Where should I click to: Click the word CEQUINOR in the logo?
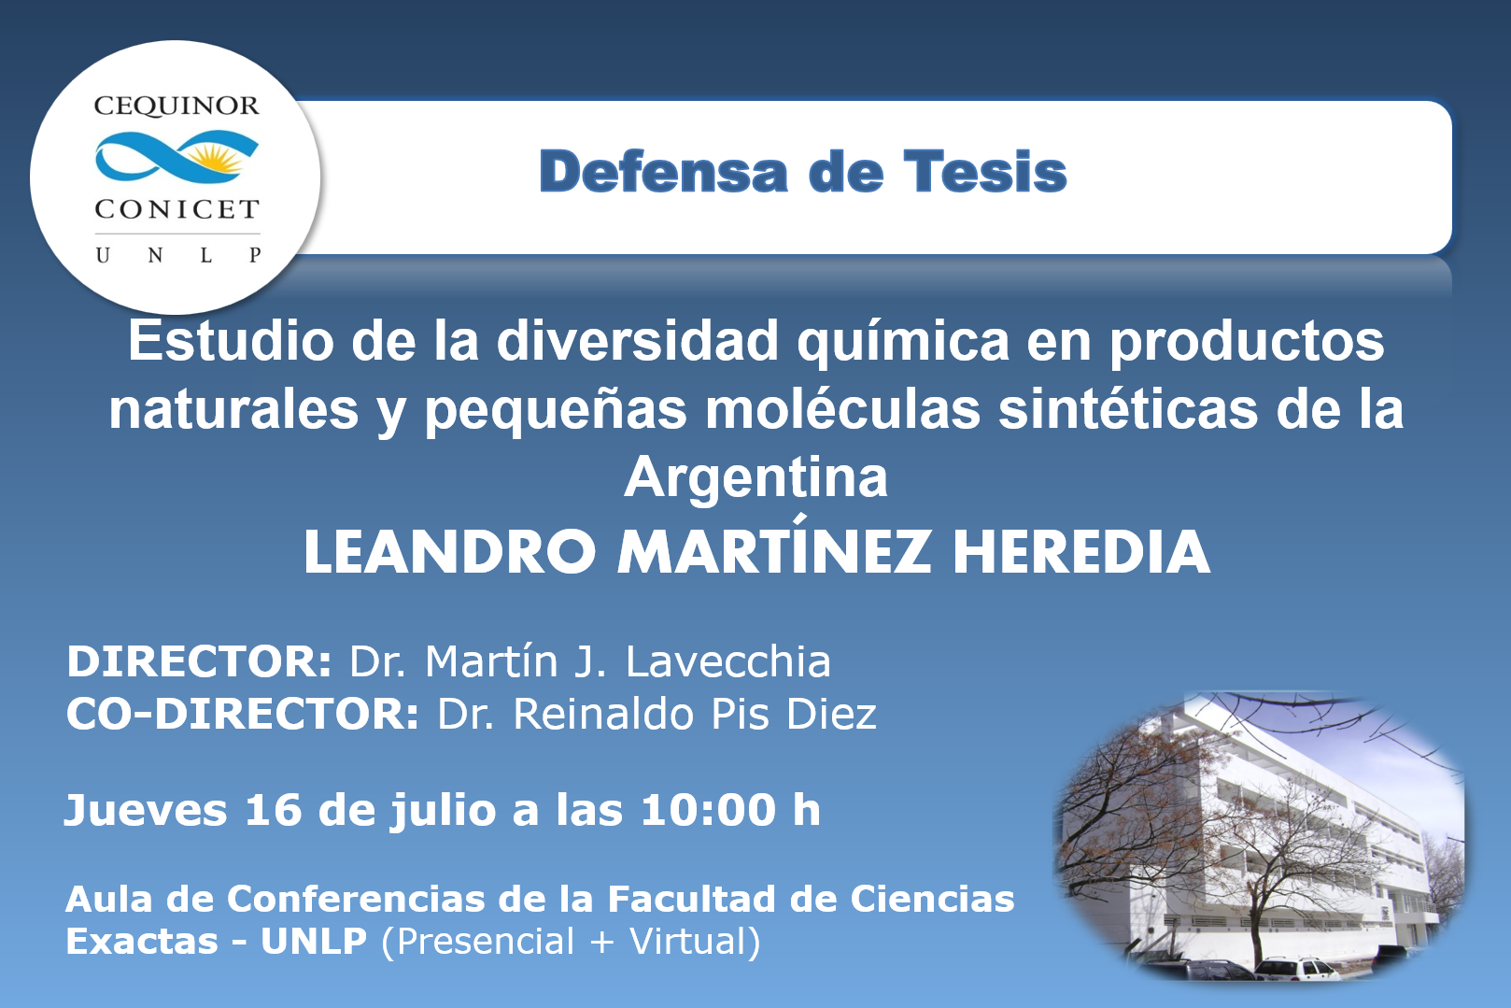tap(177, 106)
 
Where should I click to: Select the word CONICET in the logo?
tap(177, 209)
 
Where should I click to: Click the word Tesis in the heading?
tap(985, 172)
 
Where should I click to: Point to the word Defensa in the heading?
tap(663, 172)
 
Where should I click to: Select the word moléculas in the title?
tap(841, 409)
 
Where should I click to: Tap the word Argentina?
tap(755, 477)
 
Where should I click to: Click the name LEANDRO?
tap(450, 553)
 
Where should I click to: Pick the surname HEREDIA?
tap(1080, 553)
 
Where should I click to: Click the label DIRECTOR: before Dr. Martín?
tap(199, 661)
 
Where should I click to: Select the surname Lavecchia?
tap(728, 661)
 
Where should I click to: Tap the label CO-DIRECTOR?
tap(243, 714)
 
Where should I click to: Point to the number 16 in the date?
tap(273, 810)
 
